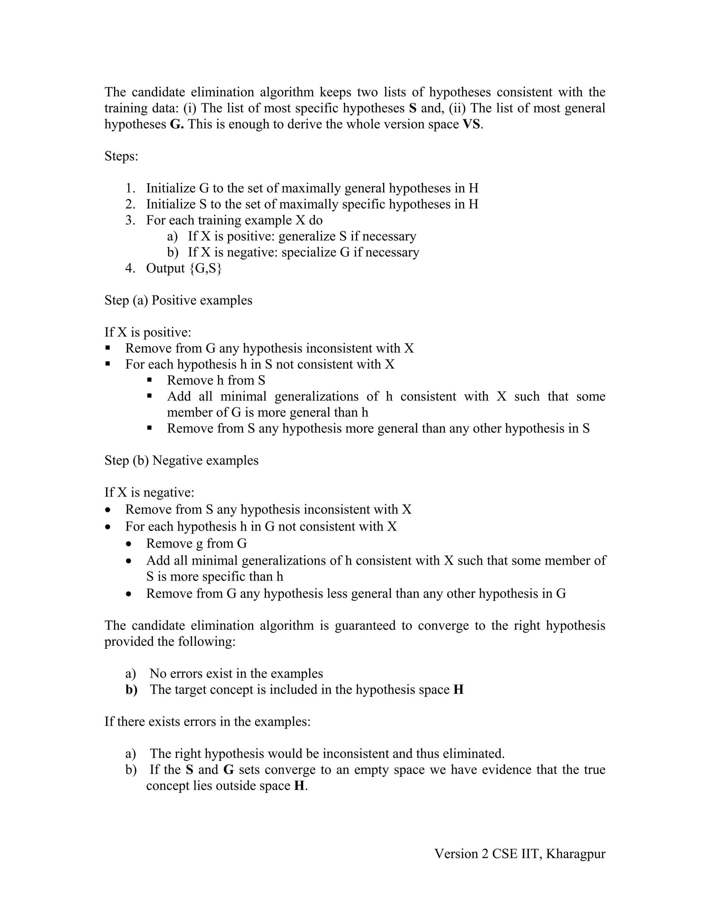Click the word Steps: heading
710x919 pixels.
point(121,156)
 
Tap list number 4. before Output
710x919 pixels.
point(130,268)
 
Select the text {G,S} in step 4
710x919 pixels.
point(205,268)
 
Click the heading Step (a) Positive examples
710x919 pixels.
point(178,300)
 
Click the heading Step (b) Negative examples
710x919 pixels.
point(181,460)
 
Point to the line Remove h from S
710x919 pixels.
point(216,380)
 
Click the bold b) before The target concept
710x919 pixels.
point(131,690)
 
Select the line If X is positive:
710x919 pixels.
point(148,333)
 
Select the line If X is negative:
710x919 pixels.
point(149,492)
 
